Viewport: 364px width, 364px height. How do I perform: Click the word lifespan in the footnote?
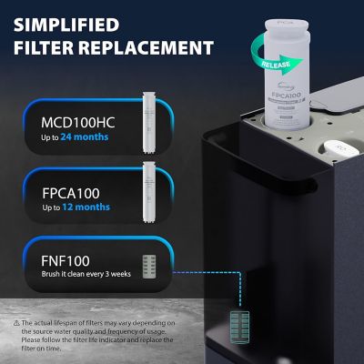pos(69,323)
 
